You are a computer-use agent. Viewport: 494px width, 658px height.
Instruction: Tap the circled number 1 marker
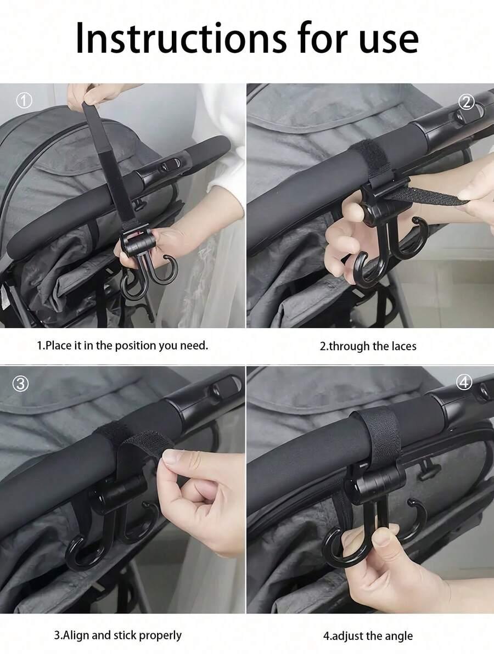pos(24,101)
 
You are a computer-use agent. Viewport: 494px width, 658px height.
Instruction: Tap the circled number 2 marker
pos(467,102)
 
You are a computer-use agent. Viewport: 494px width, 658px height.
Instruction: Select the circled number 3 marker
pos(20,384)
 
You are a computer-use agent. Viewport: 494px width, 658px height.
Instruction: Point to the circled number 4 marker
pos(464,383)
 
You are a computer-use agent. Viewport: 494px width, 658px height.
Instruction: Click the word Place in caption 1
pos(58,345)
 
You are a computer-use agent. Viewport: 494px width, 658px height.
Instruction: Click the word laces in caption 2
pos(404,346)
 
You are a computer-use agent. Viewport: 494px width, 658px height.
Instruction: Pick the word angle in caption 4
pos(399,637)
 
